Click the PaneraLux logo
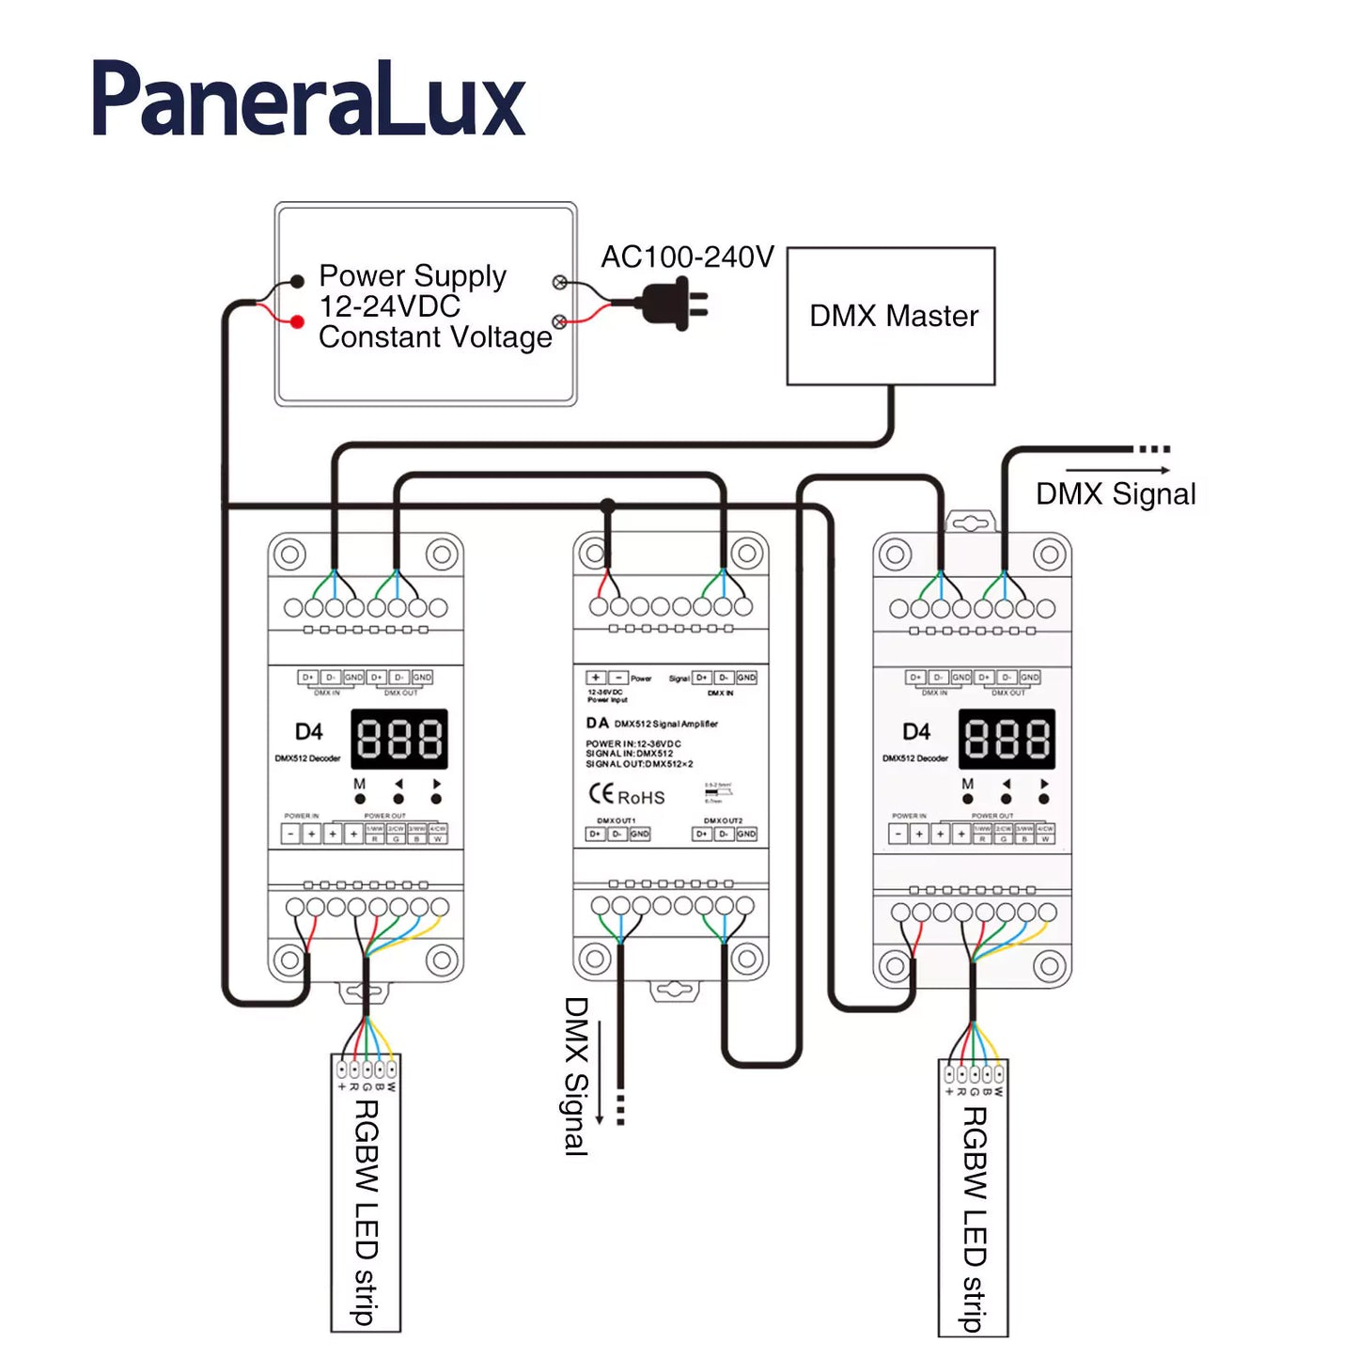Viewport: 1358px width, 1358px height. pyautogui.click(x=308, y=100)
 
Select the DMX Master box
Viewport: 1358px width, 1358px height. pyautogui.click(x=890, y=316)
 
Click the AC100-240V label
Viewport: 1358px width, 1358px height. pyautogui.click(x=687, y=257)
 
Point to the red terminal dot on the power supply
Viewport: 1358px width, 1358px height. pyautogui.click(x=297, y=322)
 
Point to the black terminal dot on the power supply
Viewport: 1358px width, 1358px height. pyautogui.click(x=297, y=281)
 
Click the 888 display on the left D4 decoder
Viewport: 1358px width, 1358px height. pyautogui.click(x=399, y=739)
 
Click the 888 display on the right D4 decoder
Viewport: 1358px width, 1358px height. pyautogui.click(x=1007, y=739)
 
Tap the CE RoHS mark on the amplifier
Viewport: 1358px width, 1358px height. pyautogui.click(x=627, y=795)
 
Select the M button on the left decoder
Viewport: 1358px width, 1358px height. pyautogui.click(x=360, y=798)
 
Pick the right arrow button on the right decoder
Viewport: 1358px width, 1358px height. pyautogui.click(x=1044, y=798)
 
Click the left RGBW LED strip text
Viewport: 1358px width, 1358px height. pyautogui.click(x=366, y=1212)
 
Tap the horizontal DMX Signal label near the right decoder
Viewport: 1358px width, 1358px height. pyautogui.click(x=1116, y=494)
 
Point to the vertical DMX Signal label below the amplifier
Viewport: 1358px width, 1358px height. pyautogui.click(x=575, y=1076)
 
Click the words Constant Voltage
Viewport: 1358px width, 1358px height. pyautogui.click(x=435, y=337)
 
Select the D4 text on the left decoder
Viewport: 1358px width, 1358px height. pyautogui.click(x=308, y=732)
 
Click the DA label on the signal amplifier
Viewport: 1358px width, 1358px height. pyautogui.click(x=598, y=723)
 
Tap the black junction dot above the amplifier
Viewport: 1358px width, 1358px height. pyautogui.click(x=607, y=507)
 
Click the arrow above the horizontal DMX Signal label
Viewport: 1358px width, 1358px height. pyautogui.click(x=1117, y=470)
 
